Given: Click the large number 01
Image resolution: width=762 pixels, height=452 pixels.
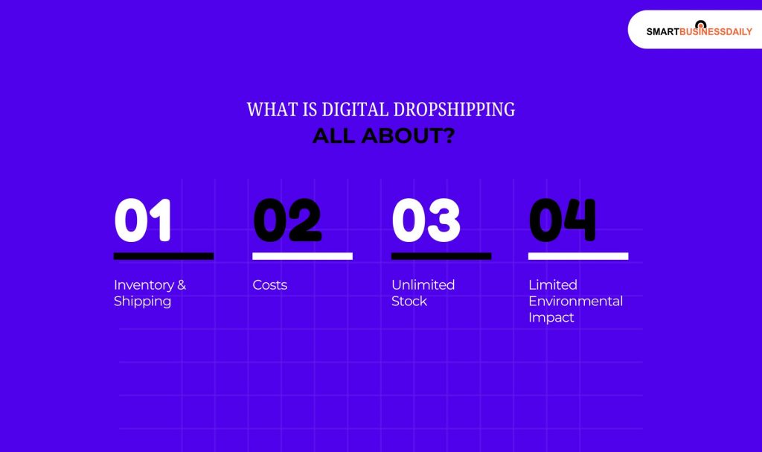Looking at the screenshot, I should [x=143, y=220].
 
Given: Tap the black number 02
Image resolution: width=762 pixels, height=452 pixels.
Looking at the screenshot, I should [x=287, y=220].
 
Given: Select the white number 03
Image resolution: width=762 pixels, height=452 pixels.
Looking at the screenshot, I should [x=426, y=220].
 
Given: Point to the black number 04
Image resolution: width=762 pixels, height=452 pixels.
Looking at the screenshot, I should [x=562, y=220].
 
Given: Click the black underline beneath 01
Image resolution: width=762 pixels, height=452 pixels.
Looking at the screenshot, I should [x=164, y=256].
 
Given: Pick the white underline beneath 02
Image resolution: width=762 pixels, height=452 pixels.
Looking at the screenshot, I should [x=302, y=256].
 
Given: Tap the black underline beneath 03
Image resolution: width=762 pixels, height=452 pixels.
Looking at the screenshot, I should [x=441, y=256].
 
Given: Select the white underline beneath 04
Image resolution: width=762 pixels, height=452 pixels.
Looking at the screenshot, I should [x=578, y=256].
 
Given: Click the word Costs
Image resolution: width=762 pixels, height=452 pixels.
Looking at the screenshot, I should [x=269, y=285].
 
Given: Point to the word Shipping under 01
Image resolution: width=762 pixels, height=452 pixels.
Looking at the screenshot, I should [x=142, y=302].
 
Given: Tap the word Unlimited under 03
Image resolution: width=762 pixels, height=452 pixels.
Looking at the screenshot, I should [x=423, y=285].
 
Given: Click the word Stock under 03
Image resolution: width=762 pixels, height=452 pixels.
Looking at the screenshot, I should [x=409, y=302].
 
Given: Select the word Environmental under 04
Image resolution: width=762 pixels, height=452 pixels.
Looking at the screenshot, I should [x=575, y=302].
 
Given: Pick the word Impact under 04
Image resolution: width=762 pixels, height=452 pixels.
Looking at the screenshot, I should [x=551, y=318].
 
